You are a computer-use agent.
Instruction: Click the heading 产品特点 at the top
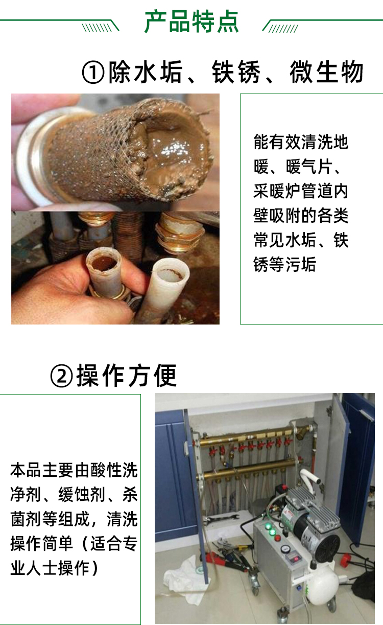pyautogui.click(x=192, y=22)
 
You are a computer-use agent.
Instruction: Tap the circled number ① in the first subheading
pyautogui.click(x=93, y=73)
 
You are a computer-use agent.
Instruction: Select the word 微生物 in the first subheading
pyautogui.click(x=327, y=72)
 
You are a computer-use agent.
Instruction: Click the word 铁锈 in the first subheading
pyautogui.click(x=236, y=72)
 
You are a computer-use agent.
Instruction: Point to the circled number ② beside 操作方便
pyautogui.click(x=61, y=376)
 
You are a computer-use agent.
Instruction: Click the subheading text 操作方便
pyautogui.click(x=127, y=375)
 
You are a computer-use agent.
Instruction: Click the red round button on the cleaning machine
pyautogui.click(x=277, y=538)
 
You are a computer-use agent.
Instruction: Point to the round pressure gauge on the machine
pyautogui.click(x=284, y=548)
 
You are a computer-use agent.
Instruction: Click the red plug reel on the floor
pyautogui.click(x=346, y=559)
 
